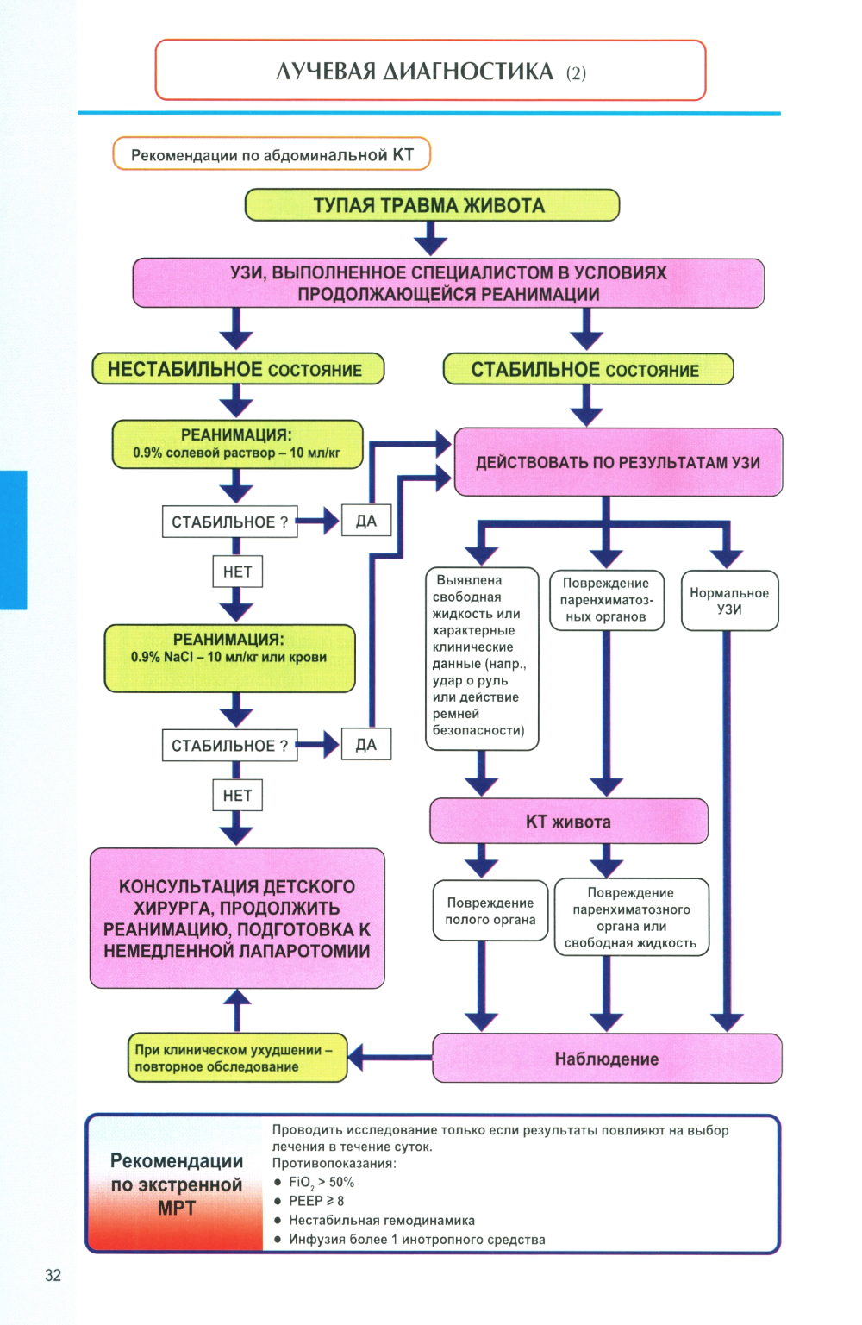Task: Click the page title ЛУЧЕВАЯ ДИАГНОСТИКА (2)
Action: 430,71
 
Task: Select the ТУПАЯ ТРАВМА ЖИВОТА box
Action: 432,205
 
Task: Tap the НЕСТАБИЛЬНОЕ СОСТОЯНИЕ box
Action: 237,369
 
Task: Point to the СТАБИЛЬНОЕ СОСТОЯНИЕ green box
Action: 587,369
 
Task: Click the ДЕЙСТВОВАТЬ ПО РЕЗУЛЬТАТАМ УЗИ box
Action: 617,462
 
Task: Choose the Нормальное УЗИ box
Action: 729,601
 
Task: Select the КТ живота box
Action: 568,822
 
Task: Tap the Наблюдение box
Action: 606,1059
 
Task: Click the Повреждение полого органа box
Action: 490,911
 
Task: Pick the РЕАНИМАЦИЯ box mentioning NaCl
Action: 229,658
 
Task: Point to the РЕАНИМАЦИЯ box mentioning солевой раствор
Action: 237,445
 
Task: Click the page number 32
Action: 53,1275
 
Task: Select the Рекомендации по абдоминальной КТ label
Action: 272,155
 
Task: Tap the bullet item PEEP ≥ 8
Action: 316,1201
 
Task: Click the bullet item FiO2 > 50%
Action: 321,1182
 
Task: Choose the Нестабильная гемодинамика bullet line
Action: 381,1220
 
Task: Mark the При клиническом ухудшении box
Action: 236,1058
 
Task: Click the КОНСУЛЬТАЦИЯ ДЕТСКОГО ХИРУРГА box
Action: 237,918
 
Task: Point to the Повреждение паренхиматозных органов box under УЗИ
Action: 606,600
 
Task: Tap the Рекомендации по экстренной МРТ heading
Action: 177,1184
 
